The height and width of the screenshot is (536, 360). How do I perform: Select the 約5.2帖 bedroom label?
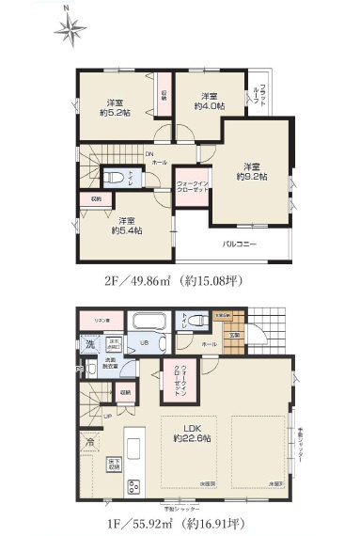(x=117, y=107)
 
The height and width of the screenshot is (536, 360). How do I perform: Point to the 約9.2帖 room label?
(x=251, y=169)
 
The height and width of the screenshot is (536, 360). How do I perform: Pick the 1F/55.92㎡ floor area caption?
(x=177, y=517)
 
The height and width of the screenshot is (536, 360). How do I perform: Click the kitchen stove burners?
(x=133, y=485)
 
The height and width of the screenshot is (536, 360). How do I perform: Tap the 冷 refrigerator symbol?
(x=89, y=440)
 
